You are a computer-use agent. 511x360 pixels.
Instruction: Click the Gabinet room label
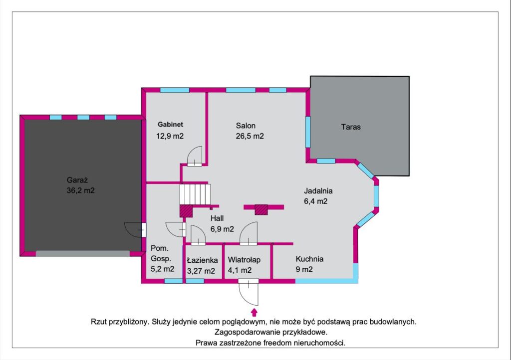[170, 124]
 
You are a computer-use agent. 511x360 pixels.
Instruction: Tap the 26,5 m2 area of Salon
[250, 136]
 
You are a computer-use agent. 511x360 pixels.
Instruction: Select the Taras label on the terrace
[351, 127]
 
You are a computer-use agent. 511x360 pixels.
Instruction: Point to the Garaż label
[77, 180]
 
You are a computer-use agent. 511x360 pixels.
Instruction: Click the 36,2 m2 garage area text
[80, 190]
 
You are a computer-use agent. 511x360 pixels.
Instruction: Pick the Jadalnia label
[318, 191]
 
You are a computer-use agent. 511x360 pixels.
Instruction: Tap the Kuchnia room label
[309, 259]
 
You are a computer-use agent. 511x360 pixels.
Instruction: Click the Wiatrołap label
[244, 260]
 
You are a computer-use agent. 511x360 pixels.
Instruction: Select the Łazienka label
[202, 260]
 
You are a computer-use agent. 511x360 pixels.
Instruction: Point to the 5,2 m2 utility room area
[162, 269]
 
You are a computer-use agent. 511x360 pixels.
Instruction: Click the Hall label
[217, 218]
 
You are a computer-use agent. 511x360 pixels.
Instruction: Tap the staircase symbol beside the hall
[195, 194]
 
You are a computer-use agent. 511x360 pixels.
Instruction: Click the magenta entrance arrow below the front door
[255, 312]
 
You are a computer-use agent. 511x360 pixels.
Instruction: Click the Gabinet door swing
[195, 156]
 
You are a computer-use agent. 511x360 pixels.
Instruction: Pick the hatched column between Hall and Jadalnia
[261, 209]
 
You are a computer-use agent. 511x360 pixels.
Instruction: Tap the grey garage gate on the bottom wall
[82, 254]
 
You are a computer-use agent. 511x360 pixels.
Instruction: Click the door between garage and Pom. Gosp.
[135, 230]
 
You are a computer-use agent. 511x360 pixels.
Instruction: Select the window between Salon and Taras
[307, 132]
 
